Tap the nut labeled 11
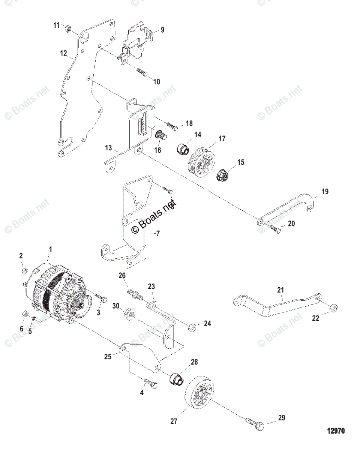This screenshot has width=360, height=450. (x=68, y=28)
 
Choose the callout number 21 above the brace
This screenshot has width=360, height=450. (x=281, y=290)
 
